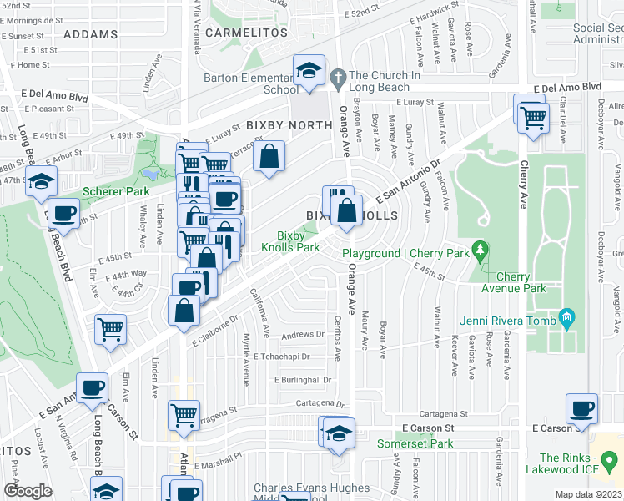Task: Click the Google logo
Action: tap(28, 491)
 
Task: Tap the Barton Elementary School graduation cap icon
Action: tap(308, 70)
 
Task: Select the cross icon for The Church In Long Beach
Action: tap(338, 77)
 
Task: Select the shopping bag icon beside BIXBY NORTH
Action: tap(269, 156)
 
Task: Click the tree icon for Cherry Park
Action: tap(479, 248)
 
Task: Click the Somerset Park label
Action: tap(415, 443)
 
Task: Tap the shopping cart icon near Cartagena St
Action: tap(184, 413)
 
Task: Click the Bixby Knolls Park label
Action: tap(289, 242)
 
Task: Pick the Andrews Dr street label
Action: tap(302, 335)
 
